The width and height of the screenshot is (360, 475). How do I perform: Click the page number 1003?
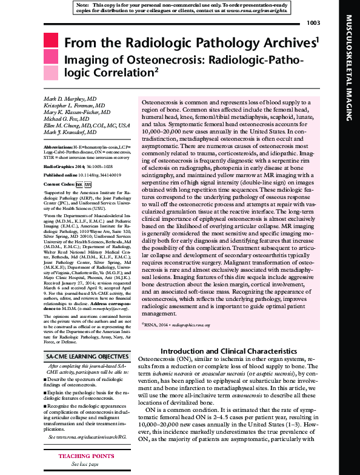[x=313, y=23]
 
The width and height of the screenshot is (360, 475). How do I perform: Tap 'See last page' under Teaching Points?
[x=86, y=462]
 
